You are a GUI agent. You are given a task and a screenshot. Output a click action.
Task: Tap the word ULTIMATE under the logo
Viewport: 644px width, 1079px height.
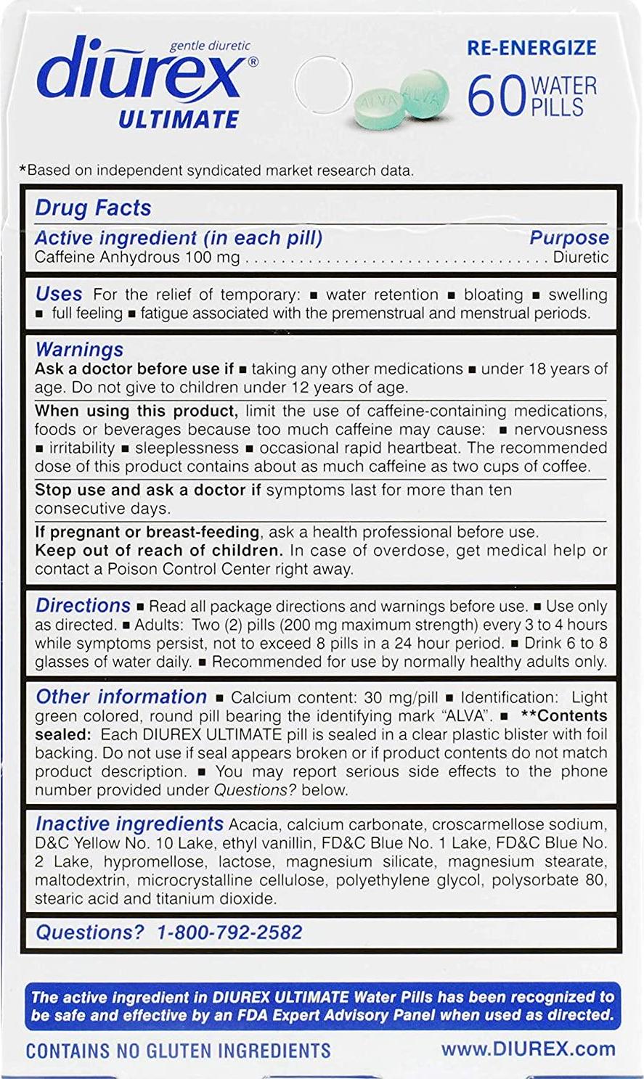(179, 119)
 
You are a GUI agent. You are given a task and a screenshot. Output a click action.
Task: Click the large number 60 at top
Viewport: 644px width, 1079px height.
(496, 97)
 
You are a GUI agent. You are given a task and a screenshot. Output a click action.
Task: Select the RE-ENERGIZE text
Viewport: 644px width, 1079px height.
(531, 48)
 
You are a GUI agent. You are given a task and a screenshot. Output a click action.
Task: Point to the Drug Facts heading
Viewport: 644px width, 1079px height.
(93, 208)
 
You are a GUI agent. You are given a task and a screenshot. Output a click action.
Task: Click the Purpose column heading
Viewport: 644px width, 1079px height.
(568, 238)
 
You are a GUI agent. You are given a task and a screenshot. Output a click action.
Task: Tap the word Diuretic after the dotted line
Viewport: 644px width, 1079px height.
(580, 257)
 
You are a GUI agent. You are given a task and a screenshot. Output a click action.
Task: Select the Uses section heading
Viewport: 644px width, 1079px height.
(59, 295)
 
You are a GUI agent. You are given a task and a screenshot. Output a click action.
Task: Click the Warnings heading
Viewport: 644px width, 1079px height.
(79, 350)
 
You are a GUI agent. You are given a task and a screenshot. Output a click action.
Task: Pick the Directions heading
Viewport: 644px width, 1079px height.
(83, 605)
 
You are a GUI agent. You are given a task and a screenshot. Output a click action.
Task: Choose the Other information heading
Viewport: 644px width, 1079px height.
(121, 697)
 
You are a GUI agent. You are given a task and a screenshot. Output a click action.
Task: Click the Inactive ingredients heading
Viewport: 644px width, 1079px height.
(129, 824)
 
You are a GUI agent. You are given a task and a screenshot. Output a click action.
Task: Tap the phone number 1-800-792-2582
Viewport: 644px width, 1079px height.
(229, 932)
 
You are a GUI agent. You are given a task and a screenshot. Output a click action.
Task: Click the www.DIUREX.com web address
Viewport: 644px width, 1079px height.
(528, 1049)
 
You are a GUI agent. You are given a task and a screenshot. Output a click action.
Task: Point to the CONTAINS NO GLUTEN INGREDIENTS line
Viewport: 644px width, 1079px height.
(178, 1050)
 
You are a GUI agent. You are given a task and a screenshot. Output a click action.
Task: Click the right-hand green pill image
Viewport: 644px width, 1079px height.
(423, 93)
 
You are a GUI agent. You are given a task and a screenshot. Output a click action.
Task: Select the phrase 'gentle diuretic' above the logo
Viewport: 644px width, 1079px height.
(210, 46)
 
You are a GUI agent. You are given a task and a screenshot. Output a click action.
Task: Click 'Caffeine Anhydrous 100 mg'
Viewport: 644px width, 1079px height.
(137, 258)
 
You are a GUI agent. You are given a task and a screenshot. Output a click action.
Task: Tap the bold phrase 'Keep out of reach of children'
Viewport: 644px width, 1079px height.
(156, 550)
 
